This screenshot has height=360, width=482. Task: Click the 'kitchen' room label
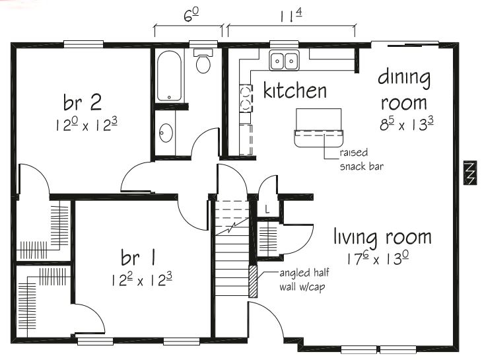click(x=294, y=90)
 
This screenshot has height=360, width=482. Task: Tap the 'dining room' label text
click(x=403, y=90)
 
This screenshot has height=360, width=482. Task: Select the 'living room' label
click(x=382, y=237)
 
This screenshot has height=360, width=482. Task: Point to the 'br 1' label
click(x=138, y=256)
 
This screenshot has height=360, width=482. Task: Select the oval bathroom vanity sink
click(x=166, y=133)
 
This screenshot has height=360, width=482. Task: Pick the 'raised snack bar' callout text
click(x=361, y=159)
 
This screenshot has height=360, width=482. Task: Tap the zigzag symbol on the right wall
click(x=469, y=174)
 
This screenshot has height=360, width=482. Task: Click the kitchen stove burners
click(x=244, y=96)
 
